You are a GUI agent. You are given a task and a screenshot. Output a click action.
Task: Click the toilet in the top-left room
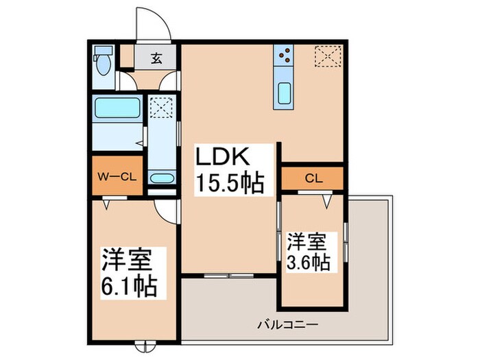pos(103,62)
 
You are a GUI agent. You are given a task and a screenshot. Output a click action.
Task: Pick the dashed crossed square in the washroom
pos(163,107)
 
